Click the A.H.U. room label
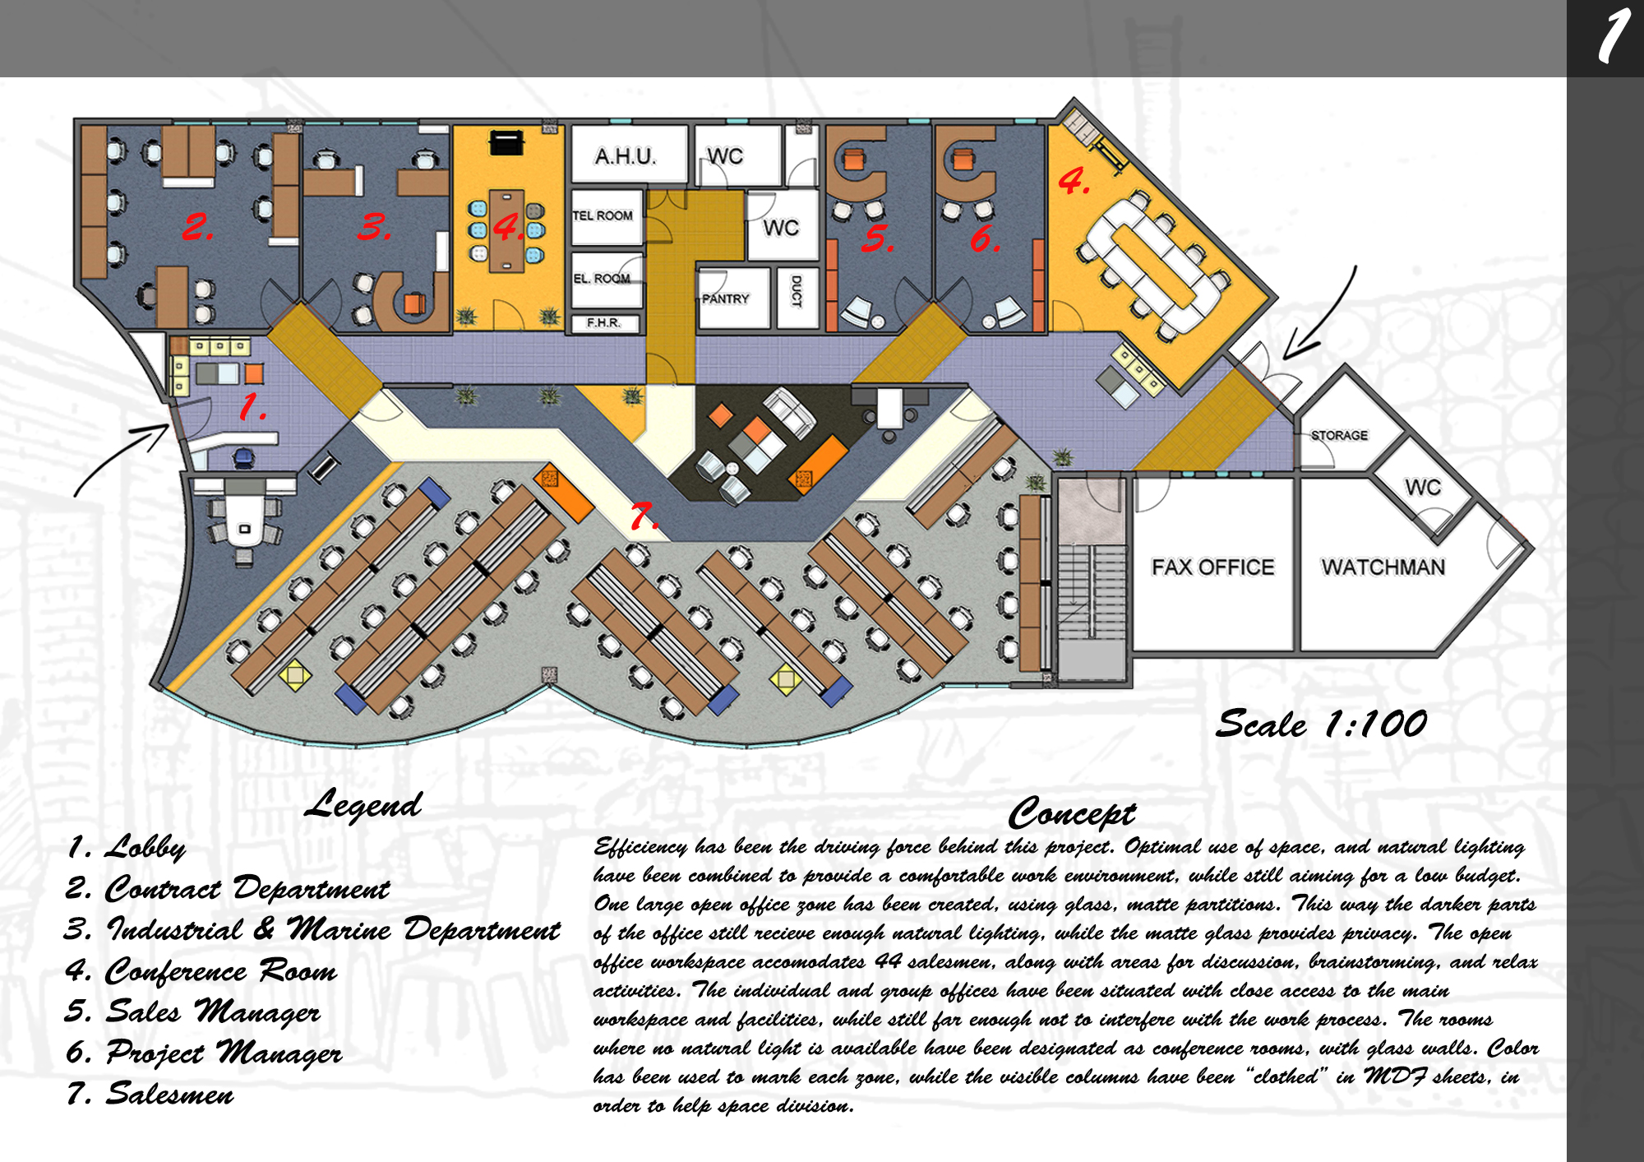625,155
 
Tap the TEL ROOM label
603,215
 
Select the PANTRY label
725,299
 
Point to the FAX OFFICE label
1212,567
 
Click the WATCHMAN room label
1383,567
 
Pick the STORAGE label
1339,435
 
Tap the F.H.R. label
603,323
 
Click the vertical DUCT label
796,291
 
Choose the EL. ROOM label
602,279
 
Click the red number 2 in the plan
197,226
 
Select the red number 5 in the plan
877,238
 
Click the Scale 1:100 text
1321,724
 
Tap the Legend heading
363,804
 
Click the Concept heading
1072,813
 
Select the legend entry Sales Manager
193,1012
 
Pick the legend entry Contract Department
228,888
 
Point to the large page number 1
1614,36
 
